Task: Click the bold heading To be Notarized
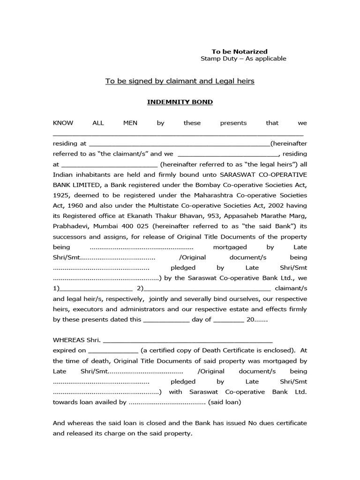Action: click(x=240, y=52)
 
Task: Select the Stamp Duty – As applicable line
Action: click(x=243, y=59)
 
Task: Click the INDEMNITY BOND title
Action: click(x=180, y=102)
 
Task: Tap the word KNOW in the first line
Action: click(x=63, y=123)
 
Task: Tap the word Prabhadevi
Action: click(x=71, y=226)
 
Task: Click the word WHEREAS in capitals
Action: click(x=69, y=340)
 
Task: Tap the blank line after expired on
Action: click(x=113, y=350)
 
